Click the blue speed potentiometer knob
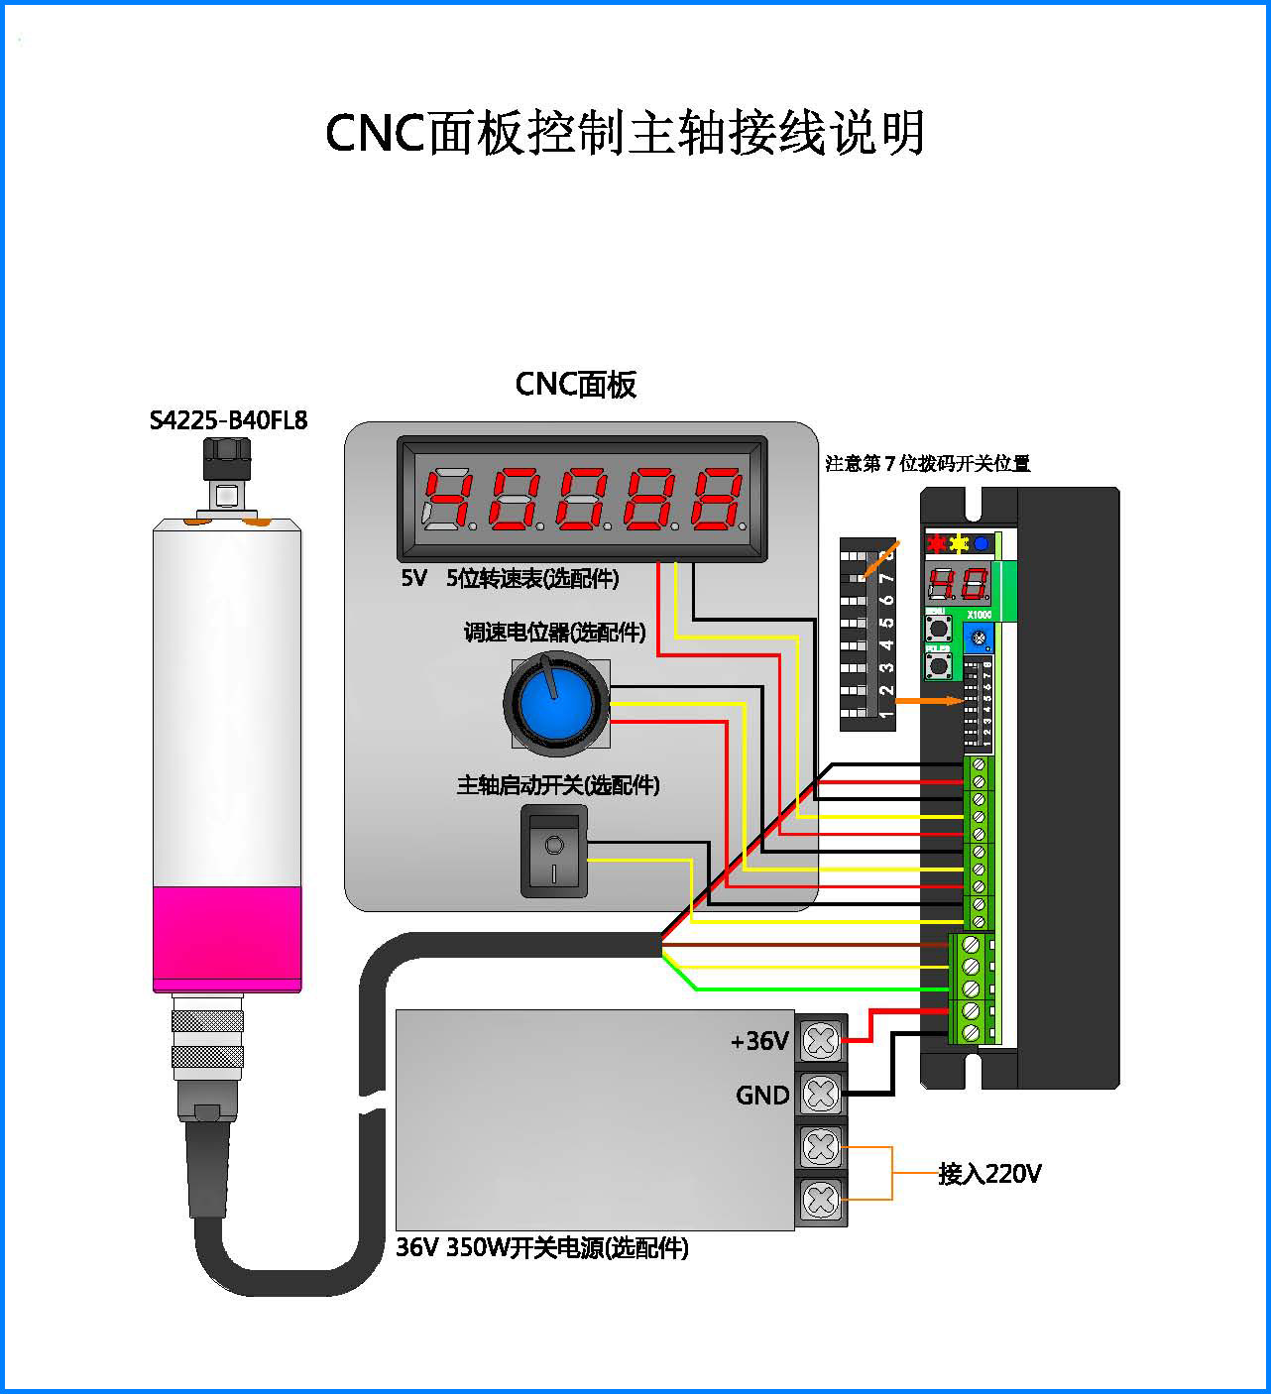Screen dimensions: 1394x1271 (x=556, y=703)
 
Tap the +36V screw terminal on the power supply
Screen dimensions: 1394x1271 (x=821, y=1040)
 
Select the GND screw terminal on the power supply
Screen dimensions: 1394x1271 (x=821, y=1094)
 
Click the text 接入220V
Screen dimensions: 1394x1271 (x=989, y=1174)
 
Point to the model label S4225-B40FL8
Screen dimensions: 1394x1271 (x=228, y=420)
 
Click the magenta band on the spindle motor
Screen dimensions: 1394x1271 (x=227, y=938)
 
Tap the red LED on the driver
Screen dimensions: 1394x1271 (x=935, y=543)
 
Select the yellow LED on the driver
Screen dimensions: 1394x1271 (x=958, y=543)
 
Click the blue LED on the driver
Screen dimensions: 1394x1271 (x=981, y=543)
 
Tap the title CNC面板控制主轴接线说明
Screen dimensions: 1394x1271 (x=625, y=132)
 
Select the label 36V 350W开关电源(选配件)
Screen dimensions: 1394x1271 (x=542, y=1247)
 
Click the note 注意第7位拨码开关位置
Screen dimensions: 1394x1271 (x=928, y=463)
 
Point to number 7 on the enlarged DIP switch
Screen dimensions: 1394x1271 (x=886, y=576)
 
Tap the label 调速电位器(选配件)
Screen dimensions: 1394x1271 (x=554, y=632)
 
